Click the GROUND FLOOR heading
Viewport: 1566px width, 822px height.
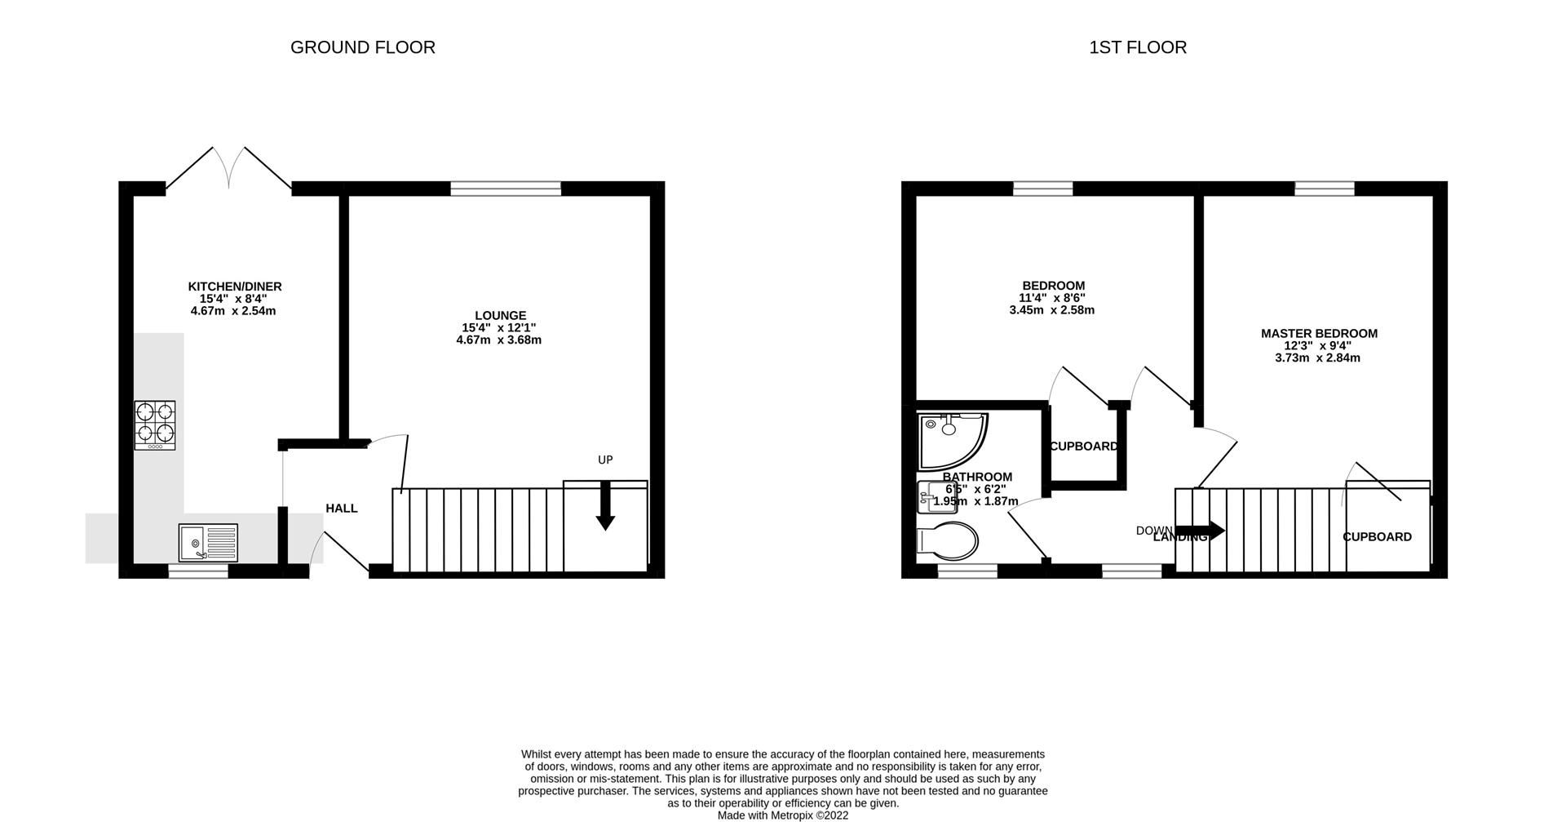point(362,47)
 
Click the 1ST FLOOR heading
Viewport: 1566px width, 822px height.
point(1137,47)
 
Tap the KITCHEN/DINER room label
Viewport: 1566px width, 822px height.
point(235,287)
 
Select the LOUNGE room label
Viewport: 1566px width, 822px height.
point(500,316)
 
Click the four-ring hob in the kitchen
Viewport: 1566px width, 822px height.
point(155,424)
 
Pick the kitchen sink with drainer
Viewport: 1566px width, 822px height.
point(208,543)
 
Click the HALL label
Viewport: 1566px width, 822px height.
point(341,509)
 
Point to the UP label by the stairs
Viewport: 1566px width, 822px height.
point(605,460)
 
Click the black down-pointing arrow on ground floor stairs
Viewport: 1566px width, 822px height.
point(605,508)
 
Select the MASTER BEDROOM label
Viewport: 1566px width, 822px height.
point(1319,334)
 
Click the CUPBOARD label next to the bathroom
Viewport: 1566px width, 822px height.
point(1083,447)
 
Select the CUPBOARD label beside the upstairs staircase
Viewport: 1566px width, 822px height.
point(1377,537)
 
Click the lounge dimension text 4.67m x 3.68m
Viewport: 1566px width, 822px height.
point(499,340)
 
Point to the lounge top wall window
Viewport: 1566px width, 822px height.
point(506,189)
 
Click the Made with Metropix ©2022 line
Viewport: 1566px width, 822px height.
point(782,815)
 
